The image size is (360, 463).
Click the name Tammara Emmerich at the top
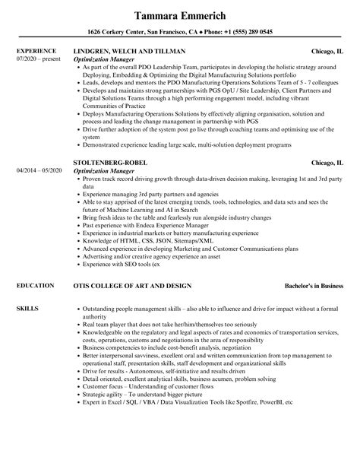point(179,15)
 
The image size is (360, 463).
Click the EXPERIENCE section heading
point(36,52)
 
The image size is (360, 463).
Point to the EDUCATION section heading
point(34,285)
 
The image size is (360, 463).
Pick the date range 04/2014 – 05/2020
point(37,170)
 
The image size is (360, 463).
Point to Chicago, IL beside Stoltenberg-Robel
point(330,163)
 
